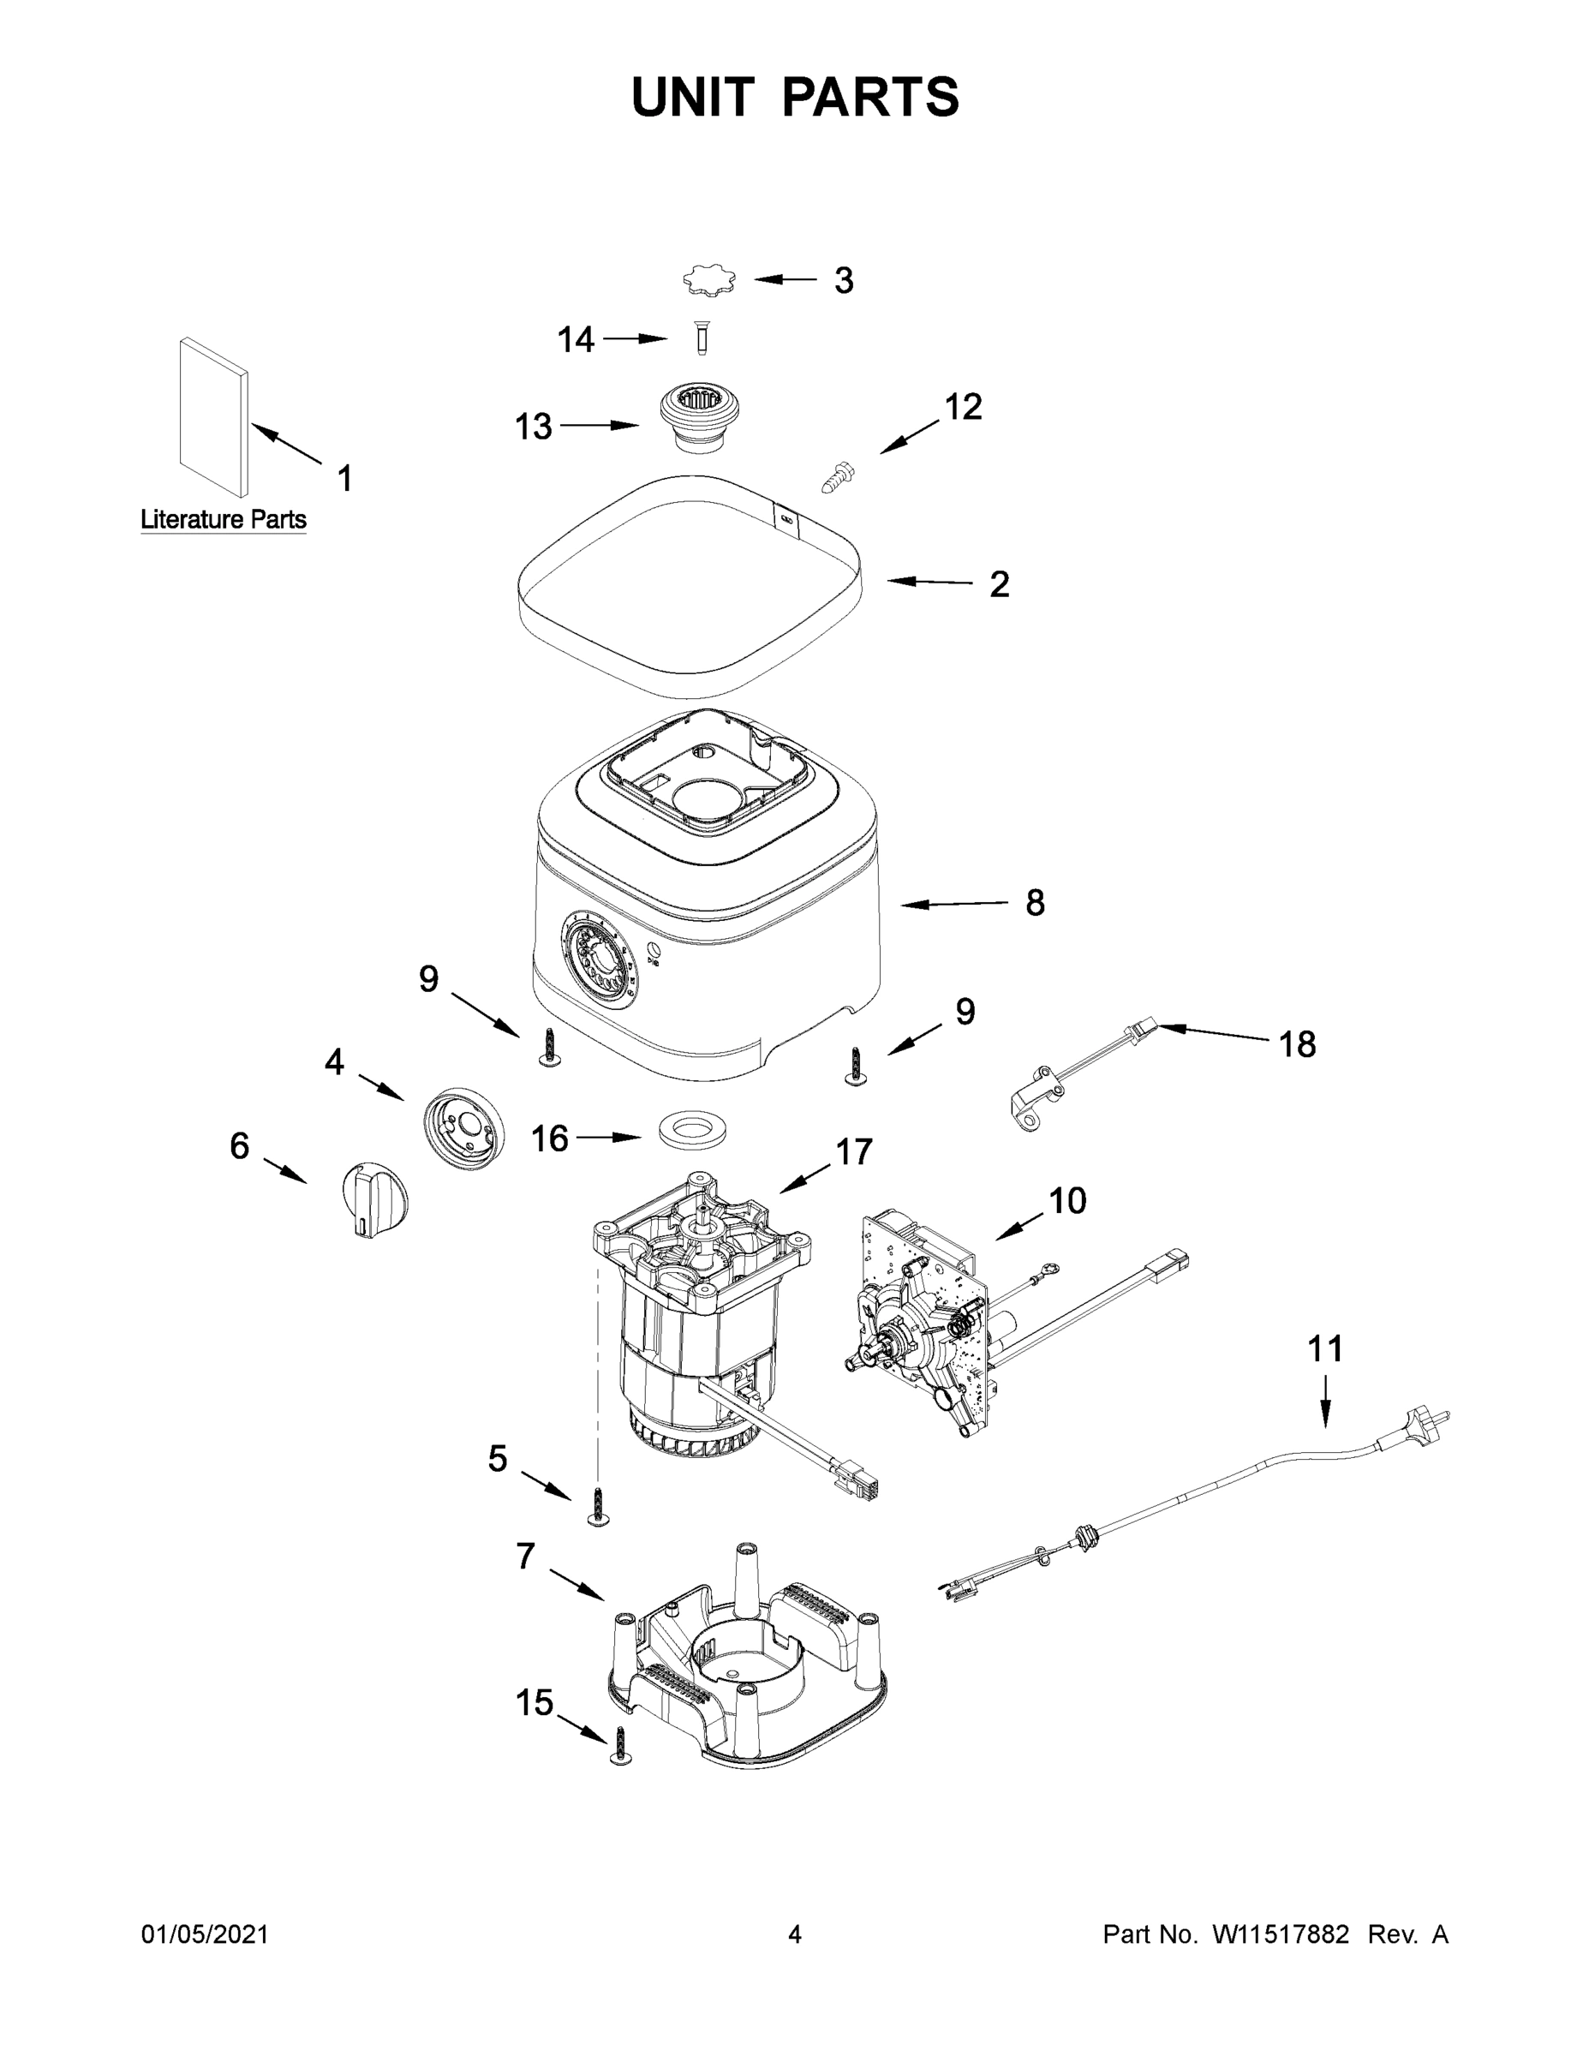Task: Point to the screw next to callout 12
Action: [836, 476]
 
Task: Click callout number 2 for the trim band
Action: [999, 584]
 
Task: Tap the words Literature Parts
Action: [223, 520]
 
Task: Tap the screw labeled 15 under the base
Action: [619, 1745]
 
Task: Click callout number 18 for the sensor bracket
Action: [1296, 1044]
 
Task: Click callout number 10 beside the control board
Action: [1066, 1200]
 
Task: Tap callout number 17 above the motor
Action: [854, 1151]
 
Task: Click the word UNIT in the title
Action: [693, 97]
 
